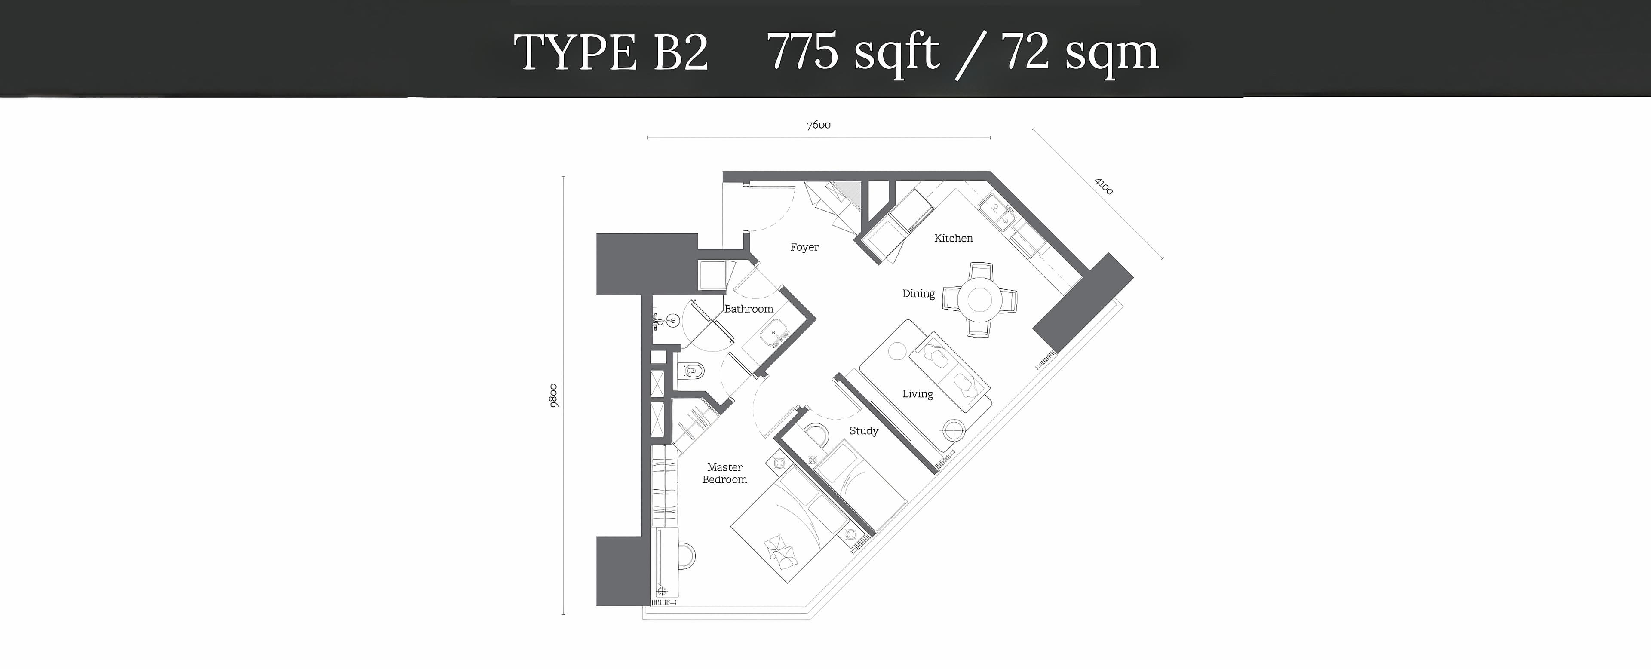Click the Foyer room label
804,247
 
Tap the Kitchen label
953,238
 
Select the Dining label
918,294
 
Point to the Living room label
917,393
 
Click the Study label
863,431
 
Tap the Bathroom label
749,308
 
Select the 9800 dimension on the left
553,396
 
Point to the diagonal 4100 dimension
1103,186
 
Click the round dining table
979,299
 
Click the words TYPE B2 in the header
611,52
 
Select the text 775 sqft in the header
853,52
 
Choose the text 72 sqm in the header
1079,52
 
